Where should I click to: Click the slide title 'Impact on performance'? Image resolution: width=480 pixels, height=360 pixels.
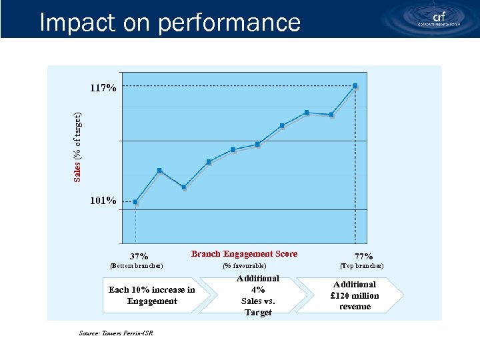[x=170, y=23]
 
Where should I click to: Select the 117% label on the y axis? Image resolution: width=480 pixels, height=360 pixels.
[x=103, y=87]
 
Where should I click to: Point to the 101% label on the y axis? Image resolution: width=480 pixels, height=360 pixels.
[x=103, y=200]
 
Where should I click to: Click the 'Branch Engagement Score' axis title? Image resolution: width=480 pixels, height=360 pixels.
[x=244, y=254]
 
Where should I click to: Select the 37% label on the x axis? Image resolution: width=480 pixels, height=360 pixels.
[x=139, y=256]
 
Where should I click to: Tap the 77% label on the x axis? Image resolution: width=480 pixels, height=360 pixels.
[x=363, y=256]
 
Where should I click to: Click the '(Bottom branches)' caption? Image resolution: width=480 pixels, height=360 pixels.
[x=136, y=267]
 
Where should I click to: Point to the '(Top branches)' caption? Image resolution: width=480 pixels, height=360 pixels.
[x=361, y=266]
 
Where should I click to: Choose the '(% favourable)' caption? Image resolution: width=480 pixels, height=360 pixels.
[x=244, y=267]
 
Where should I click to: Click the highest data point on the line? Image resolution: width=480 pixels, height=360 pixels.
[x=355, y=85]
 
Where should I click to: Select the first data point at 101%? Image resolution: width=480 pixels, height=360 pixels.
[x=135, y=201]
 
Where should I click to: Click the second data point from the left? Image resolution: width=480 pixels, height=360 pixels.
[x=159, y=171]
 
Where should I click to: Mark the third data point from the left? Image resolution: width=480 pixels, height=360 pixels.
[x=184, y=187]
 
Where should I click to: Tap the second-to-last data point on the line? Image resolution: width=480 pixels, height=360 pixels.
[x=331, y=115]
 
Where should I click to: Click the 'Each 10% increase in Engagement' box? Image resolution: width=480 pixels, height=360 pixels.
[x=151, y=295]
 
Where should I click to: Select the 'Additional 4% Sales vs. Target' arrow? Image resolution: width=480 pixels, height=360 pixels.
[x=257, y=295]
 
